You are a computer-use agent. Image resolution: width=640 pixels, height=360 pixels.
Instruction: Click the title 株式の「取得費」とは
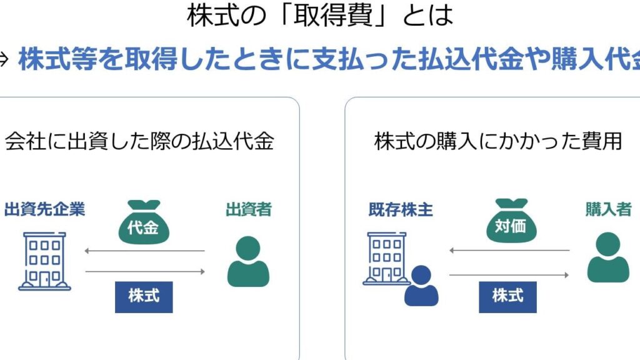pyautogui.click(x=320, y=16)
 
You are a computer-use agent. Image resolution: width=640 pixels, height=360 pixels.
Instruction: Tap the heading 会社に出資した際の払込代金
pyautogui.click(x=139, y=142)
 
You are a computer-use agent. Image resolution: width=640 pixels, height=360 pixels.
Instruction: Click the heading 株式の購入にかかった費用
pyautogui.click(x=498, y=142)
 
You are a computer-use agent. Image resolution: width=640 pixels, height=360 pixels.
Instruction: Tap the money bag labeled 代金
pyautogui.click(x=143, y=222)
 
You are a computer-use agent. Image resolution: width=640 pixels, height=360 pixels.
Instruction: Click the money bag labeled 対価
pyautogui.click(x=511, y=222)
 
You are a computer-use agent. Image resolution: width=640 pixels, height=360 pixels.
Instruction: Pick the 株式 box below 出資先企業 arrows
pyautogui.click(x=144, y=296)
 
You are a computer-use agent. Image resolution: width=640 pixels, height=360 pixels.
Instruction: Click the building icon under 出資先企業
pyautogui.click(x=44, y=261)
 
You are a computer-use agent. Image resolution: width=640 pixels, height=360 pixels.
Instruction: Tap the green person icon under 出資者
pyautogui.click(x=248, y=261)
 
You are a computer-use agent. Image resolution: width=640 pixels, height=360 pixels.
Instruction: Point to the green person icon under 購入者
pyautogui.click(x=608, y=257)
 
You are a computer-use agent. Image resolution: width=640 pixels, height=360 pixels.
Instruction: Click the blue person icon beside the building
pyautogui.click(x=421, y=285)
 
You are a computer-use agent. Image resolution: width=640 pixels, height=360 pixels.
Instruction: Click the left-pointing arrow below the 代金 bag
pyautogui.click(x=144, y=251)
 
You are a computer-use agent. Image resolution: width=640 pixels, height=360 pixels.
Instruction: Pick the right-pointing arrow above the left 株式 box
pyautogui.click(x=144, y=271)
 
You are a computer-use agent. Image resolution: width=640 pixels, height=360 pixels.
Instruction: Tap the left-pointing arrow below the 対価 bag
pyautogui.click(x=509, y=251)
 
